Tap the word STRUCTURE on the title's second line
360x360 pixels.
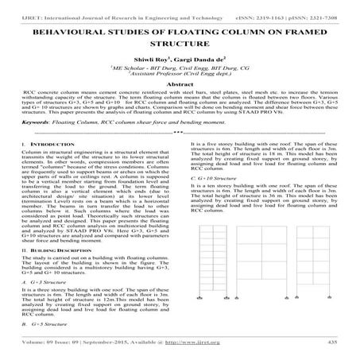click(180, 36)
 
